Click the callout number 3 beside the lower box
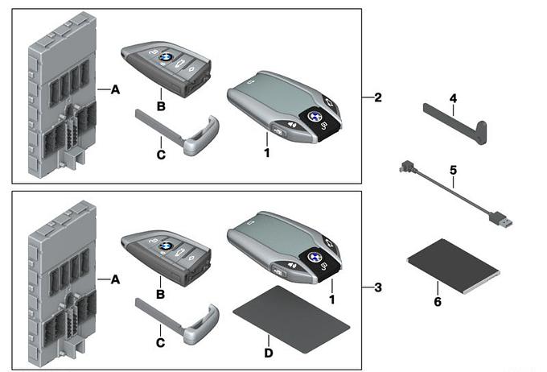coord(377,285)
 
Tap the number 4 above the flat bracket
coord(454,99)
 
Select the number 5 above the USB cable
coord(454,171)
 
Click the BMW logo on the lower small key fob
coord(166,246)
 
